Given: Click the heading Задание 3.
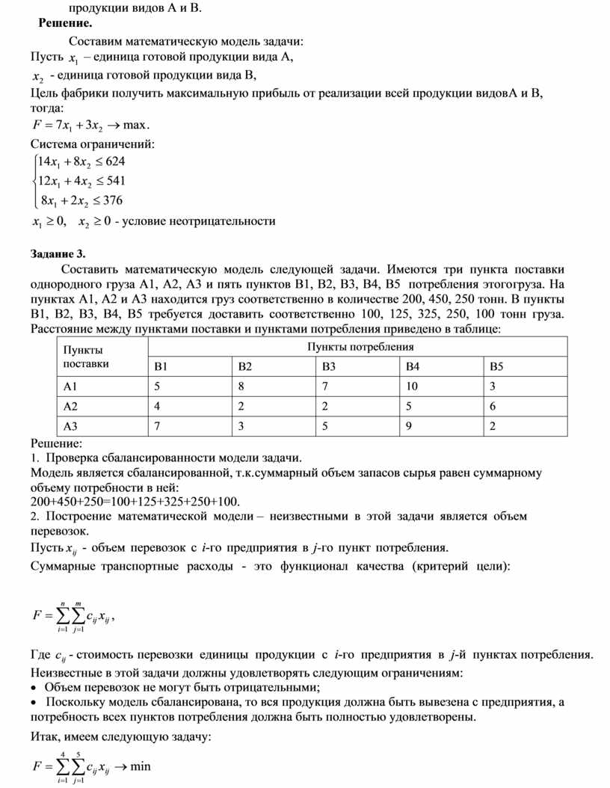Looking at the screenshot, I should pos(58,253).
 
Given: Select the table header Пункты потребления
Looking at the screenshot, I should pos(360,347).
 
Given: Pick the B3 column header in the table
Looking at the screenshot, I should pos(330,366).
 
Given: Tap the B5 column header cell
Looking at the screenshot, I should pos(498,366).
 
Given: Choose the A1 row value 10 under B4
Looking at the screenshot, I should pos(413,387).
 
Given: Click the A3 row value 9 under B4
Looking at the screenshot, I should pos(410,427).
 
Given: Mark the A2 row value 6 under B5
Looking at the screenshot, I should pos(493,407).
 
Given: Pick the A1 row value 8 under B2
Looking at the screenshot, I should pos(241,387).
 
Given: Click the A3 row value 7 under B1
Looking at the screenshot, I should pos(157,427).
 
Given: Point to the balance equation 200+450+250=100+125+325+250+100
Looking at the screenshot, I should pos(137,500).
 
